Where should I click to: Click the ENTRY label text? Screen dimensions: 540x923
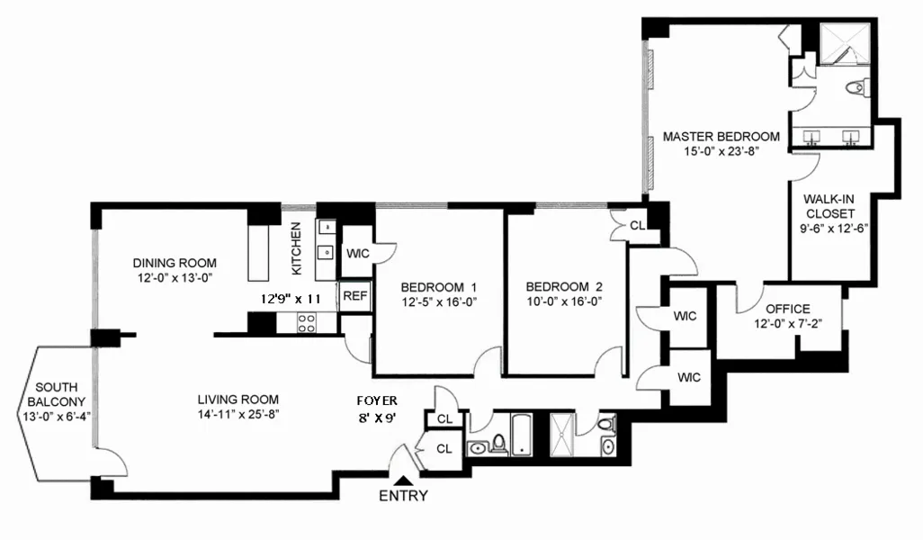tap(403, 496)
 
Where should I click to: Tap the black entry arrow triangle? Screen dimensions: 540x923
tap(407, 481)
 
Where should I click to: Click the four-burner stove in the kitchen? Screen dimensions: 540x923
tap(306, 322)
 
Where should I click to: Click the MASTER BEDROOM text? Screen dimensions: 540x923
tap(721, 137)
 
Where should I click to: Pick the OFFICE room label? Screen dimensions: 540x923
tap(787, 309)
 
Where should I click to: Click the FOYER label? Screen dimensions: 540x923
tap(376, 400)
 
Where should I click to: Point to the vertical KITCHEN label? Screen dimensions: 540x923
tap(294, 250)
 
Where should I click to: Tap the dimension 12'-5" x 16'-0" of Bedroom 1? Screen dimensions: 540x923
tap(438, 302)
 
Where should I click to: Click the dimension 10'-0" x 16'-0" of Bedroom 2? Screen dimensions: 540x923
tap(563, 302)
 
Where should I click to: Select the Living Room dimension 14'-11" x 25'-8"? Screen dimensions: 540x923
tap(238, 415)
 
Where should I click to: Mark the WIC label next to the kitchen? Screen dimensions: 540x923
tap(357, 254)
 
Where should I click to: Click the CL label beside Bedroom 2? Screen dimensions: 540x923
tap(635, 225)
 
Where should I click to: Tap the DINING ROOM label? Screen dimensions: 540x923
tap(175, 263)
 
